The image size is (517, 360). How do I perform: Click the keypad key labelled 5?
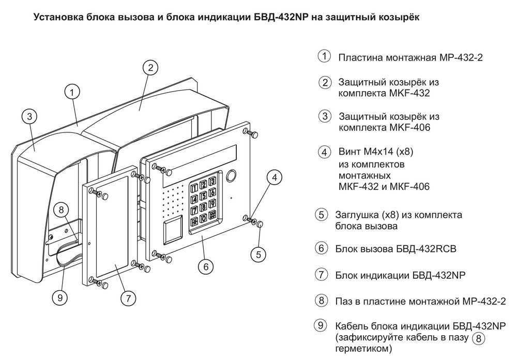point(203,196)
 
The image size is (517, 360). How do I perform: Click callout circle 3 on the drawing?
point(30,115)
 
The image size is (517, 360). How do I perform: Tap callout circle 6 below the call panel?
point(206,267)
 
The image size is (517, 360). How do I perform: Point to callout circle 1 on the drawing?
point(73,91)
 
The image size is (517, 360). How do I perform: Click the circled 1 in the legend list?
point(324,56)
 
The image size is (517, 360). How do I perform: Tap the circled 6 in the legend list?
point(322,248)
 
